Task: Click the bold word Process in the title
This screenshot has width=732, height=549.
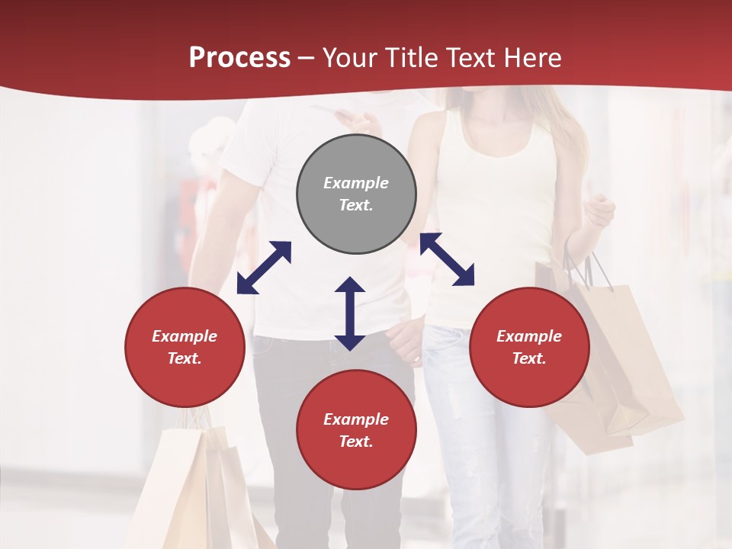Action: [239, 58]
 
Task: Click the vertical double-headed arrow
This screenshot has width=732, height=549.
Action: [350, 313]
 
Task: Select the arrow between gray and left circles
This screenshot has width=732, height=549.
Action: [264, 268]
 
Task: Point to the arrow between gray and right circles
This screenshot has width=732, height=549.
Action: [447, 259]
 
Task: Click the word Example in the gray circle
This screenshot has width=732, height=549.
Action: [356, 183]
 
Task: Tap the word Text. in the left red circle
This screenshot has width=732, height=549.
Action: [185, 358]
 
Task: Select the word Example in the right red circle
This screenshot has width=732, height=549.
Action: [529, 336]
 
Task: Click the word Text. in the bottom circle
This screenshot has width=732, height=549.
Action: [356, 441]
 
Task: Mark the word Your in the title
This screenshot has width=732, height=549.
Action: [352, 58]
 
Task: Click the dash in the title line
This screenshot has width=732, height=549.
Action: [306, 58]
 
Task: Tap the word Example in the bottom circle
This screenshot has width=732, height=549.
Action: [356, 419]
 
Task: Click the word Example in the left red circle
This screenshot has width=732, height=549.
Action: [185, 336]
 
